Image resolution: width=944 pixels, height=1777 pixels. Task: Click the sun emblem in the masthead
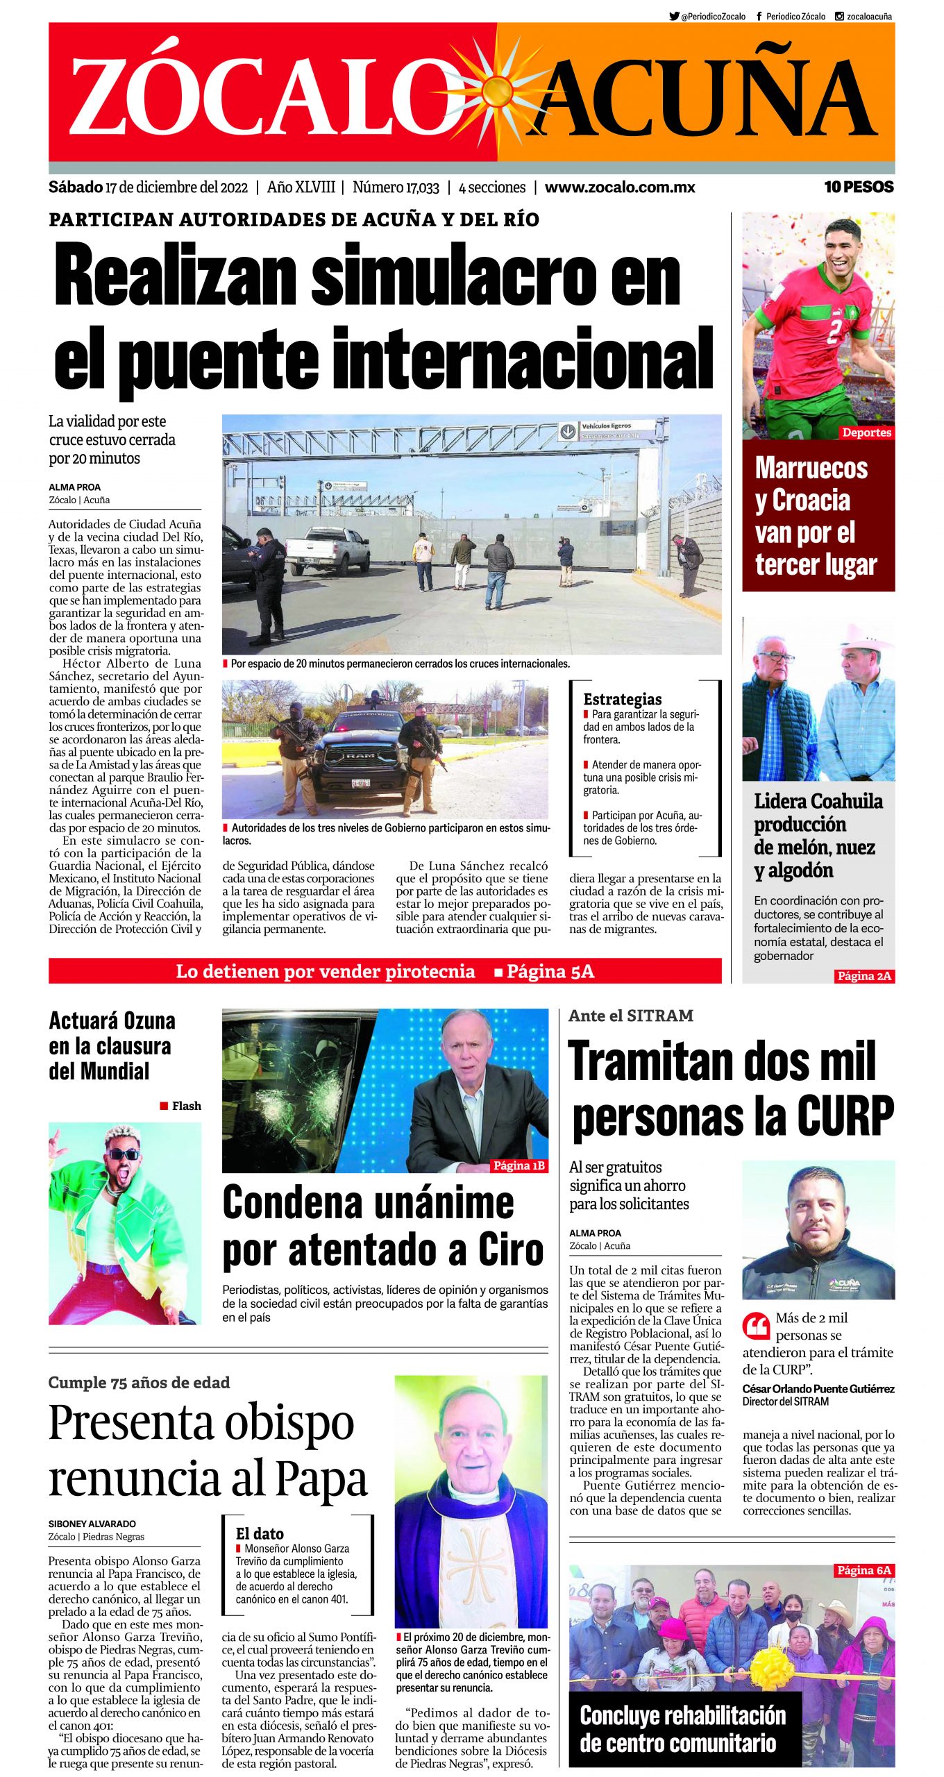coord(497,90)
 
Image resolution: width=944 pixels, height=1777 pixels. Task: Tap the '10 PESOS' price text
coord(858,187)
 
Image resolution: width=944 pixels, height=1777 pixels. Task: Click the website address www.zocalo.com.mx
coord(619,187)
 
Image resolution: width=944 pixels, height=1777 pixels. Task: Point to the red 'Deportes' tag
coord(866,432)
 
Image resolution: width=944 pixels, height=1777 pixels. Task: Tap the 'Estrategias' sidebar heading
coord(622,699)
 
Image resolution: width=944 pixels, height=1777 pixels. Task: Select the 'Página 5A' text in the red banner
coord(550,971)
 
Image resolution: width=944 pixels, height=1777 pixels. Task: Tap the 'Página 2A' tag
coord(863,976)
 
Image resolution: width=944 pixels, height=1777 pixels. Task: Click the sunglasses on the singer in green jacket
coord(123,1154)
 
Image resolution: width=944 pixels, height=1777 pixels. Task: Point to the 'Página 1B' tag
coord(519,1165)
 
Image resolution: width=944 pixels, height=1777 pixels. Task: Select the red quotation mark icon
coord(756,1326)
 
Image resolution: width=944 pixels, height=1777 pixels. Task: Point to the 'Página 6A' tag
coord(863,1570)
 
